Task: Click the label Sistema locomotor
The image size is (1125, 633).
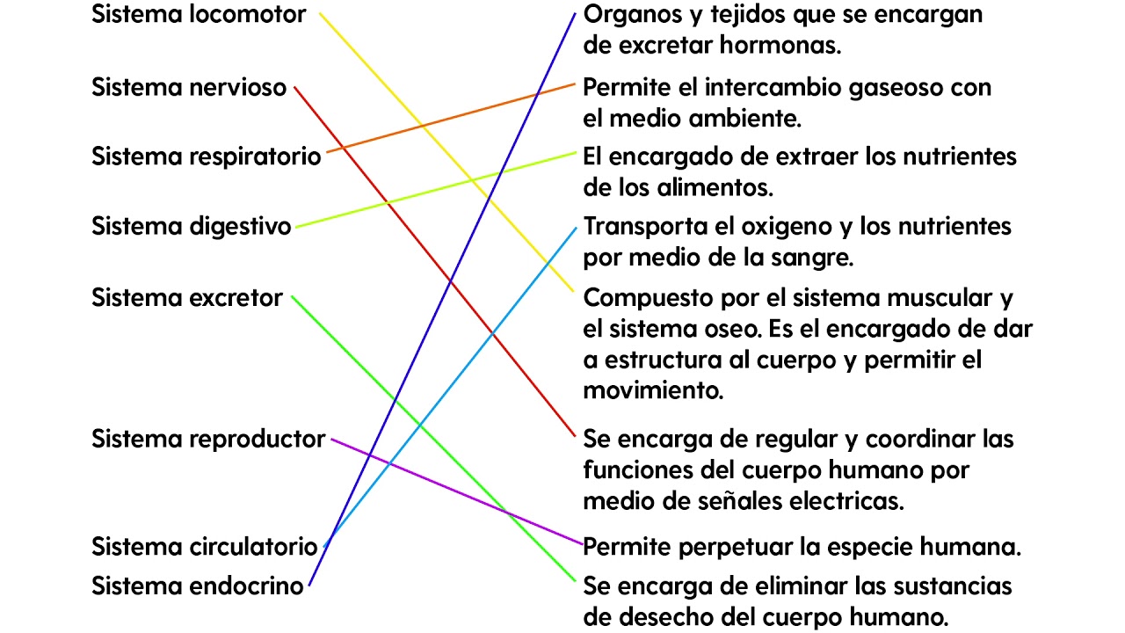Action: [199, 14]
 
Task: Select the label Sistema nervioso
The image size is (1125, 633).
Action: [189, 87]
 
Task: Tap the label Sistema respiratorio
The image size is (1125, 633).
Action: [206, 156]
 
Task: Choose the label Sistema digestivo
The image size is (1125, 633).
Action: [192, 227]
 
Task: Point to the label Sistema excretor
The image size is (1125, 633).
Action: [187, 298]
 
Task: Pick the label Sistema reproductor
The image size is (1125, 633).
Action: [208, 440]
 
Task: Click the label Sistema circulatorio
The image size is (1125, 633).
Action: [205, 547]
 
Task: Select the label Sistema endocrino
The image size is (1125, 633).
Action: [198, 586]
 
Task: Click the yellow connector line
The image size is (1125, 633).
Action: [446, 152]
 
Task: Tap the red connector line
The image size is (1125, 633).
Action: [434, 262]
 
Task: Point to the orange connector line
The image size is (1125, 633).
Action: [451, 118]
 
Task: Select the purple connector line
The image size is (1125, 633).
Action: [457, 491]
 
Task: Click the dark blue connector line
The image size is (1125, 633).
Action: [442, 300]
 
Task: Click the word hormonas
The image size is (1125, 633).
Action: [780, 46]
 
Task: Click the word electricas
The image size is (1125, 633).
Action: [846, 501]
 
